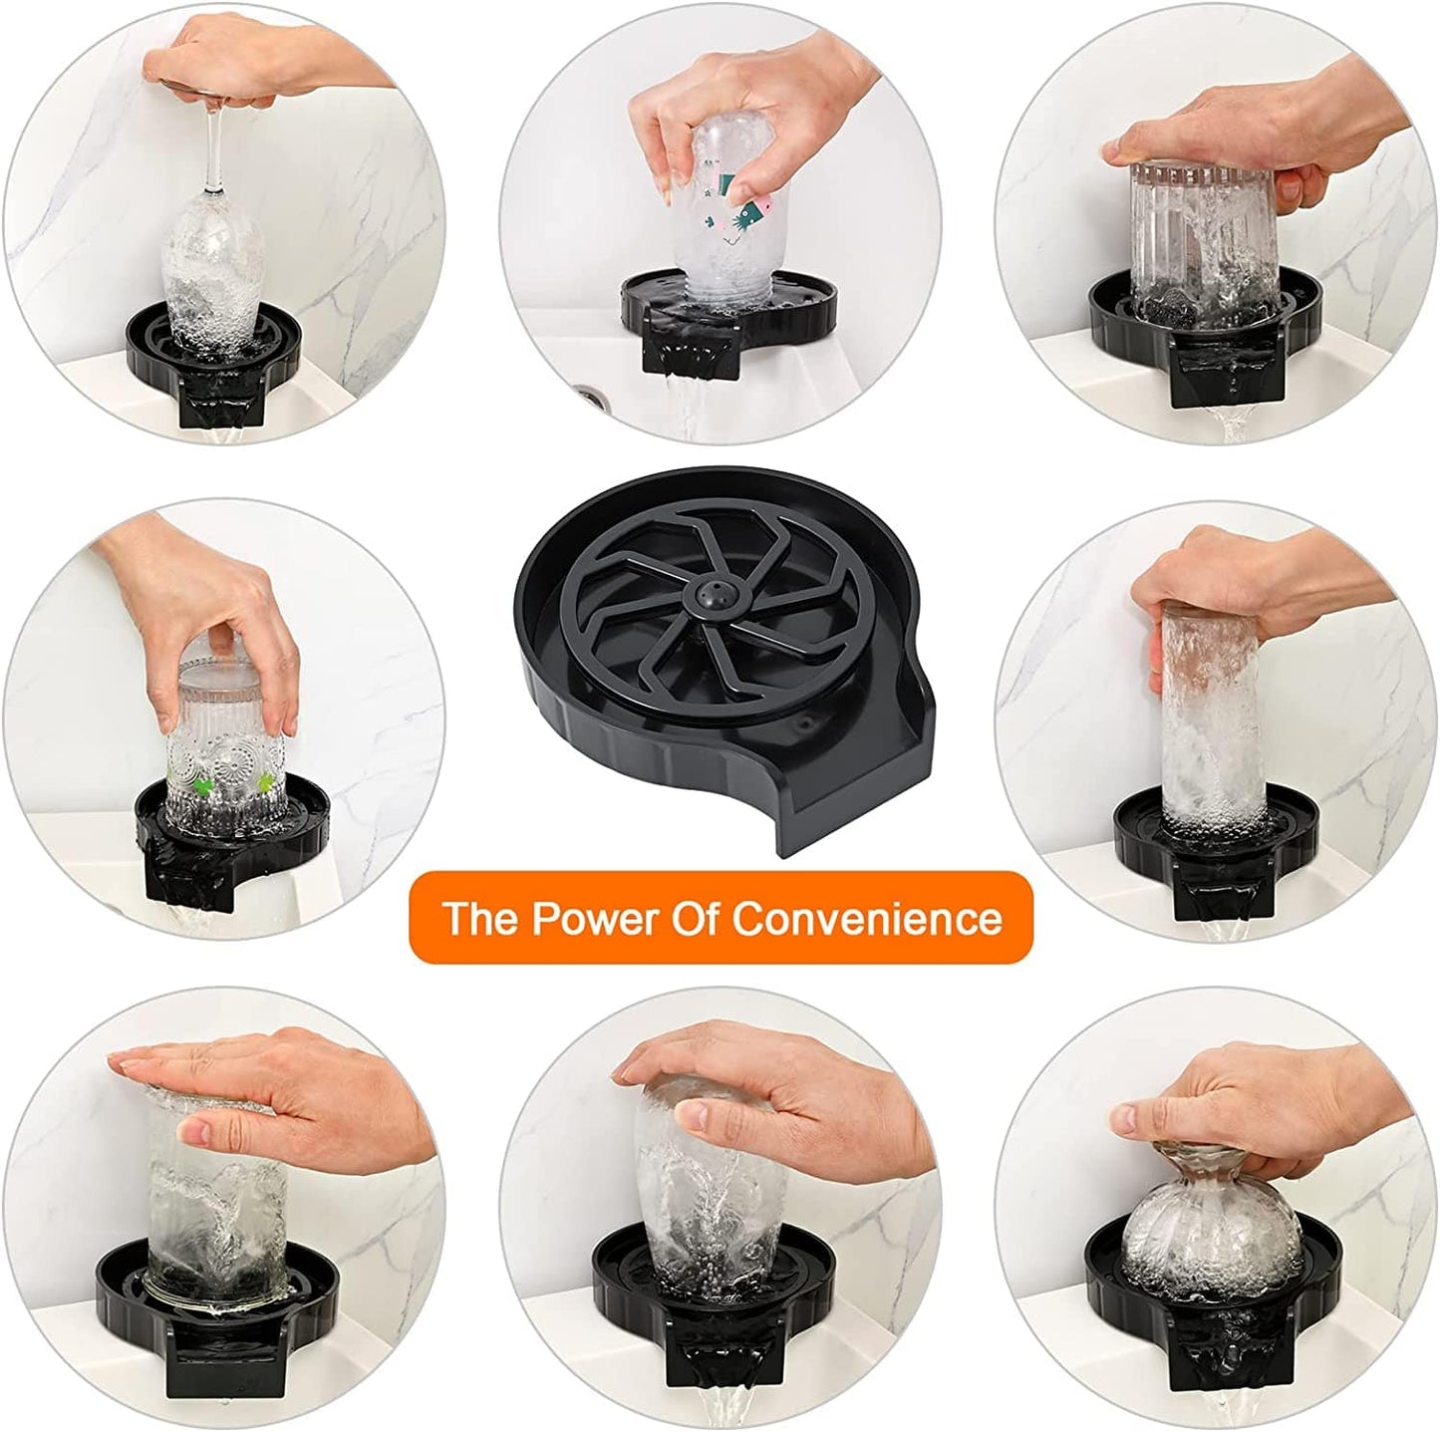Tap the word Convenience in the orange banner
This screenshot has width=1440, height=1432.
[868, 918]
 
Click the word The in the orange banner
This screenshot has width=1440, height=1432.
[480, 918]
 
